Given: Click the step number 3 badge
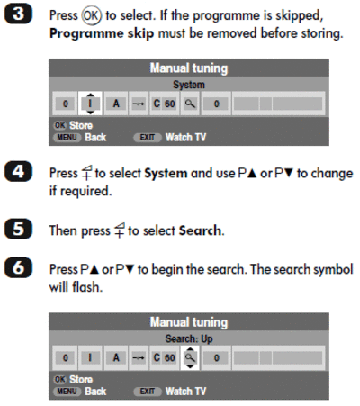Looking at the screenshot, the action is tap(18, 14).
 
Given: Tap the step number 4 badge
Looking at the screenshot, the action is tap(18, 172).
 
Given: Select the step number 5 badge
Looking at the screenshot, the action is tap(18, 229).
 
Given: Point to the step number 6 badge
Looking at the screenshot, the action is tap(18, 267).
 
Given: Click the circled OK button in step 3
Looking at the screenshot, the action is tap(92, 15).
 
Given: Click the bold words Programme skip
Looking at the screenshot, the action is tap(102, 33).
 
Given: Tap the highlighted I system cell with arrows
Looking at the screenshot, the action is tap(90, 104).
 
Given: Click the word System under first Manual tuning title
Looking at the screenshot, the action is tap(189, 85).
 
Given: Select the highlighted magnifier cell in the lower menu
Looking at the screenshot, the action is tap(190, 357).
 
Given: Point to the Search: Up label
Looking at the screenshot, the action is tap(189, 338).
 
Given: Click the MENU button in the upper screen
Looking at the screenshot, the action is tap(67, 138).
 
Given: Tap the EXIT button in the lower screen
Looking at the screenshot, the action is tap(148, 392).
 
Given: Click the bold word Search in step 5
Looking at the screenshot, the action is tap(200, 230).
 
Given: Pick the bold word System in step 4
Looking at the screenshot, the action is tap(166, 174).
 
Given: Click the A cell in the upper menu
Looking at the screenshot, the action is tap(116, 104).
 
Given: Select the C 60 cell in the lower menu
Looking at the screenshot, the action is tap(165, 357).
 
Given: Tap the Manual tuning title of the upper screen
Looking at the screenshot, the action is tap(189, 68).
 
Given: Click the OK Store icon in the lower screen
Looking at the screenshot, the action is tap(59, 379).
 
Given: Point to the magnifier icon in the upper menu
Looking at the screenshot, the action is tap(190, 104).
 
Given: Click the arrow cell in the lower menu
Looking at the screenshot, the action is tap(139, 357).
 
